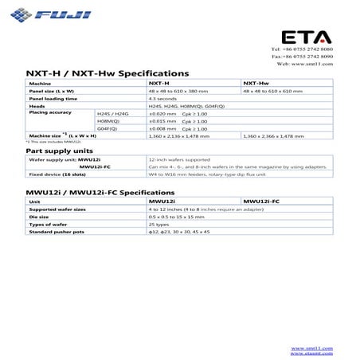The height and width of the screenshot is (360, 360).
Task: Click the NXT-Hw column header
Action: [x=256, y=84]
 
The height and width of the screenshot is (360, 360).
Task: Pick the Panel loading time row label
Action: [x=54, y=98]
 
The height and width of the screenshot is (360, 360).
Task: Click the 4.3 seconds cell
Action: [x=162, y=98]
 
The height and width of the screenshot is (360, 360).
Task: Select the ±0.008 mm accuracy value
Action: [x=162, y=127]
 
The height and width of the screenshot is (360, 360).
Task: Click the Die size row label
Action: [x=39, y=217]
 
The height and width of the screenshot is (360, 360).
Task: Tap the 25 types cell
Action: [x=159, y=225]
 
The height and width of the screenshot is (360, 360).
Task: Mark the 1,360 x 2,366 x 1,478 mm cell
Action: [x=272, y=135]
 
